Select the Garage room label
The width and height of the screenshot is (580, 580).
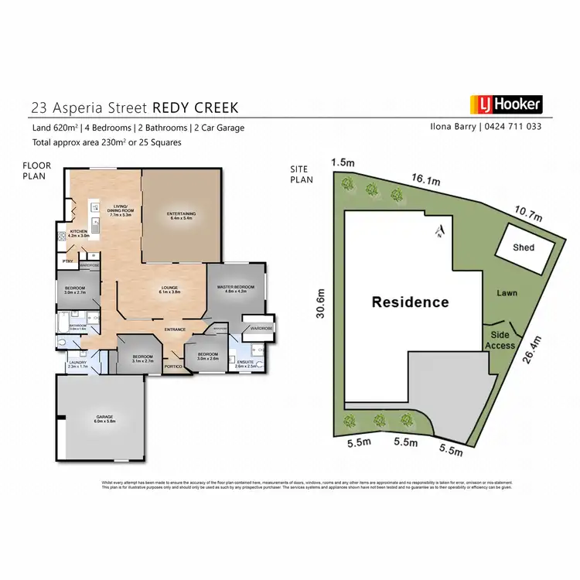[x=99, y=418]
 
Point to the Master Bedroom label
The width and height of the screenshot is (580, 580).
[x=235, y=289]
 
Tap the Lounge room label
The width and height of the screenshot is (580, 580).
[x=169, y=288]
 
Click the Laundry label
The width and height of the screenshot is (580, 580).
[x=77, y=363]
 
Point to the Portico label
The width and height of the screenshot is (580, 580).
[x=174, y=366]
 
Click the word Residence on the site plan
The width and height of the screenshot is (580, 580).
[x=410, y=302]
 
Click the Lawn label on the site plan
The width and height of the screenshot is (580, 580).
[x=507, y=293]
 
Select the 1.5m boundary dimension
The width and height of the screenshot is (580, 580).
[x=341, y=162]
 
